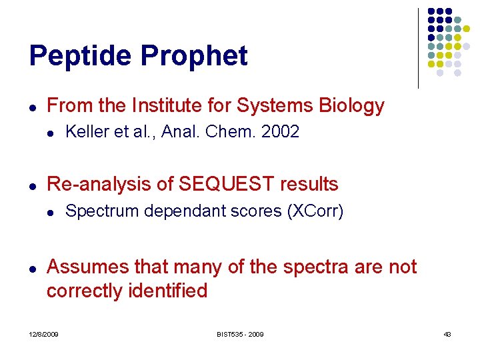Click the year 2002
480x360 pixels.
pyautogui.click(x=280, y=132)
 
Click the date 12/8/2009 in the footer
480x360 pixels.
pyautogui.click(x=43, y=333)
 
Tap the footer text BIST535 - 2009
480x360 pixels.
pyautogui.click(x=239, y=333)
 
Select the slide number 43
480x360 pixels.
pyautogui.click(x=447, y=333)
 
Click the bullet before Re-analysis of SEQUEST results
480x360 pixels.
pyautogui.click(x=33, y=185)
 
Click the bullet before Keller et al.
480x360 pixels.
pyautogui.click(x=51, y=133)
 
